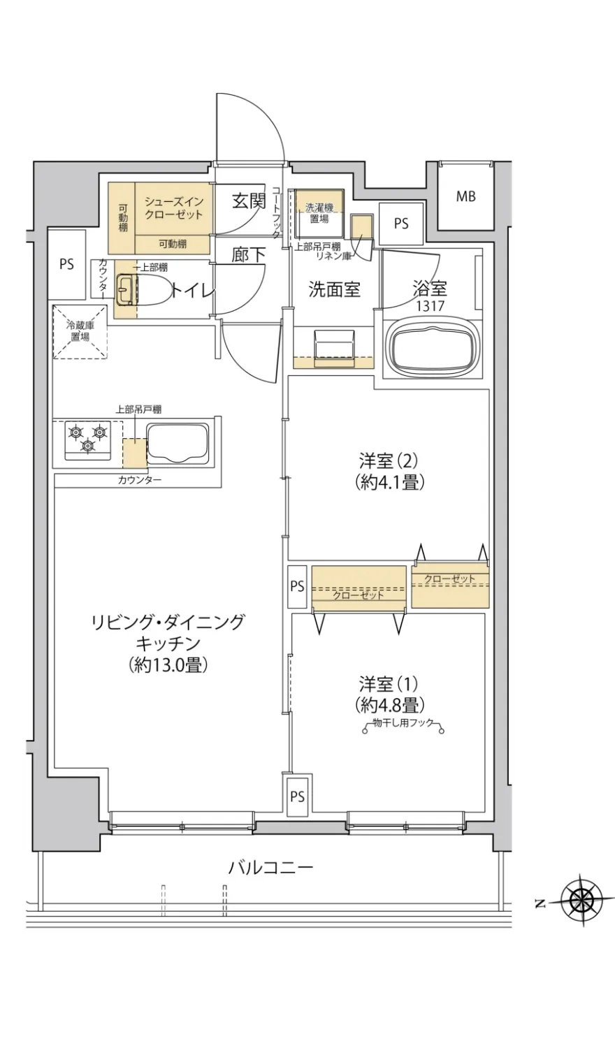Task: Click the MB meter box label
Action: click(x=465, y=197)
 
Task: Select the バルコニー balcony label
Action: click(x=270, y=868)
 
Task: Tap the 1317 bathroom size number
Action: click(x=429, y=305)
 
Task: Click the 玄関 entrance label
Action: click(x=249, y=201)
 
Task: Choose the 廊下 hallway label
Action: click(x=249, y=254)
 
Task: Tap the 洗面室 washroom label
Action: click(x=335, y=289)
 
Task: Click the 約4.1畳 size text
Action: click(x=389, y=481)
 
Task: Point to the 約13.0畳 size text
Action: click(x=168, y=664)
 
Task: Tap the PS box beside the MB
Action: click(x=400, y=224)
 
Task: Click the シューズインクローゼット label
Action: click(x=173, y=208)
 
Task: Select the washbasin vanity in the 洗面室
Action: click(x=333, y=348)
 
